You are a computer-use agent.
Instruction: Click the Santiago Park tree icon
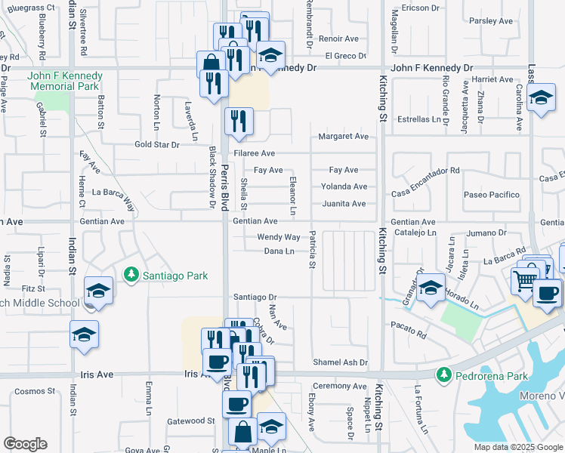click(x=132, y=275)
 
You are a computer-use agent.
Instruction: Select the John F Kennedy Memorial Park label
click(x=63, y=82)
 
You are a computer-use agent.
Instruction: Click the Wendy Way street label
click(x=279, y=237)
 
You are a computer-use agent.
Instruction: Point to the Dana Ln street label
click(x=279, y=251)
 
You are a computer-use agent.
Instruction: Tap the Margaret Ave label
click(x=343, y=137)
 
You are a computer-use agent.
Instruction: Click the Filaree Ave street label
click(x=254, y=153)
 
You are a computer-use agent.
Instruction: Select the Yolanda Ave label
click(x=344, y=186)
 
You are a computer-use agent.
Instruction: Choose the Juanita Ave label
click(x=344, y=204)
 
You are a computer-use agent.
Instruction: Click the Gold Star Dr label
click(x=156, y=144)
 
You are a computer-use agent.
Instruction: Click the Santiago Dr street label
click(x=255, y=297)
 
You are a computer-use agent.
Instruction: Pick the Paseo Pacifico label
click(x=492, y=195)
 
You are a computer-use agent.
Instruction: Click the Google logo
click(x=25, y=444)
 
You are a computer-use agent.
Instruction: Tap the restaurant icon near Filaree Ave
click(x=239, y=121)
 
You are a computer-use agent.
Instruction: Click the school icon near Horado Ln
click(x=431, y=288)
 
